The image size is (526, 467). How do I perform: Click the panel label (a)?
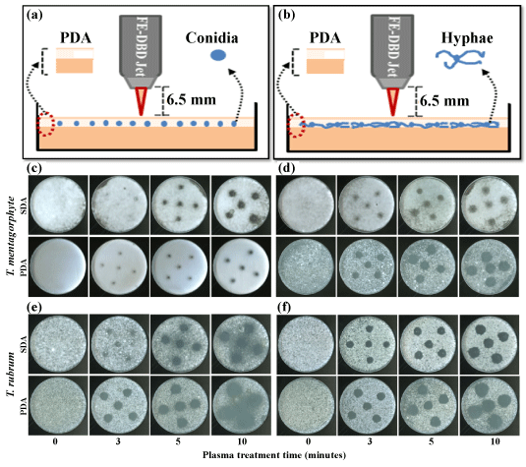[x=34, y=16]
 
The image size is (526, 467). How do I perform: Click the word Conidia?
[x=211, y=38]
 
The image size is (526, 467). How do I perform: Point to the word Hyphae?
[x=467, y=38]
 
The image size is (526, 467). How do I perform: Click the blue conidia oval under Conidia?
[x=217, y=55]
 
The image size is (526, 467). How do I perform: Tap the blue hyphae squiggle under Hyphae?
[x=460, y=59]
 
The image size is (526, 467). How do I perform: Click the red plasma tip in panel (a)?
[x=141, y=101]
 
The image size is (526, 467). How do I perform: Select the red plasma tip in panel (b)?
[x=392, y=101]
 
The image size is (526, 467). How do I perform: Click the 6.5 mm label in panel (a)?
[x=192, y=100]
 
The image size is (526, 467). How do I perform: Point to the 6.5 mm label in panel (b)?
[x=444, y=100]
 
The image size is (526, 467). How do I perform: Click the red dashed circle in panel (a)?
[x=46, y=124]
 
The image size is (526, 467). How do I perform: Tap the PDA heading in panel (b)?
[x=324, y=38]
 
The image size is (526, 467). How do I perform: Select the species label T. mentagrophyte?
[x=12, y=236]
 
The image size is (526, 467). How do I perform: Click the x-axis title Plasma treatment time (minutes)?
[x=274, y=455]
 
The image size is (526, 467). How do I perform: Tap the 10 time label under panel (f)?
[x=496, y=441]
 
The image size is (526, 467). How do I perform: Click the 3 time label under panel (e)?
[x=118, y=441]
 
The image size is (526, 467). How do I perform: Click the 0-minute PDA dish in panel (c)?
[x=58, y=267]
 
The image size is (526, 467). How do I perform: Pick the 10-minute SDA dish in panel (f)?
[x=489, y=344]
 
